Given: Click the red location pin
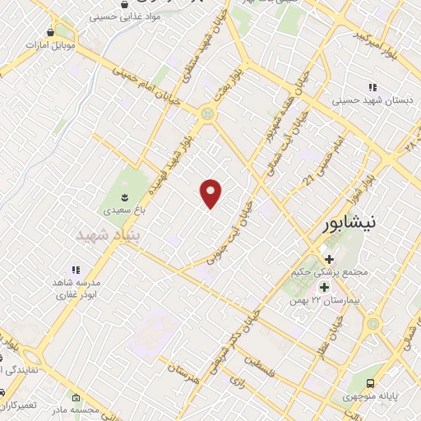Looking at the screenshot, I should (x=211, y=193).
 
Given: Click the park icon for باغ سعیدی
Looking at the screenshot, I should (x=124, y=197).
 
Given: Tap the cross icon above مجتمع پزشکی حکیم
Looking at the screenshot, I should (x=330, y=258).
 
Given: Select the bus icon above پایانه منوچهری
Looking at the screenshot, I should (x=372, y=382).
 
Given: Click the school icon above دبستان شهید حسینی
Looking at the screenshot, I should (x=372, y=87).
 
